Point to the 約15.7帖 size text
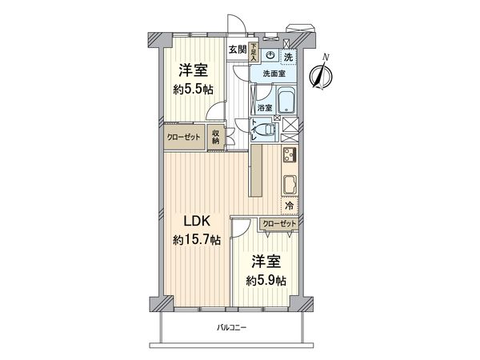coord(196,239)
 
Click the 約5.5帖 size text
coord(194,89)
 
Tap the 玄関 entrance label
coord(237,50)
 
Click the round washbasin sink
coord(270,56)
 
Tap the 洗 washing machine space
coord(287,56)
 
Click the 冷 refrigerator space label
coord(289,207)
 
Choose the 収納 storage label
coord(216,137)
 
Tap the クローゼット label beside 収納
coord(183,137)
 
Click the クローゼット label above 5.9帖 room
coord(279,224)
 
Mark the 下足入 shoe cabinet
coord(253,53)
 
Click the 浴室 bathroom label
coord(264,106)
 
